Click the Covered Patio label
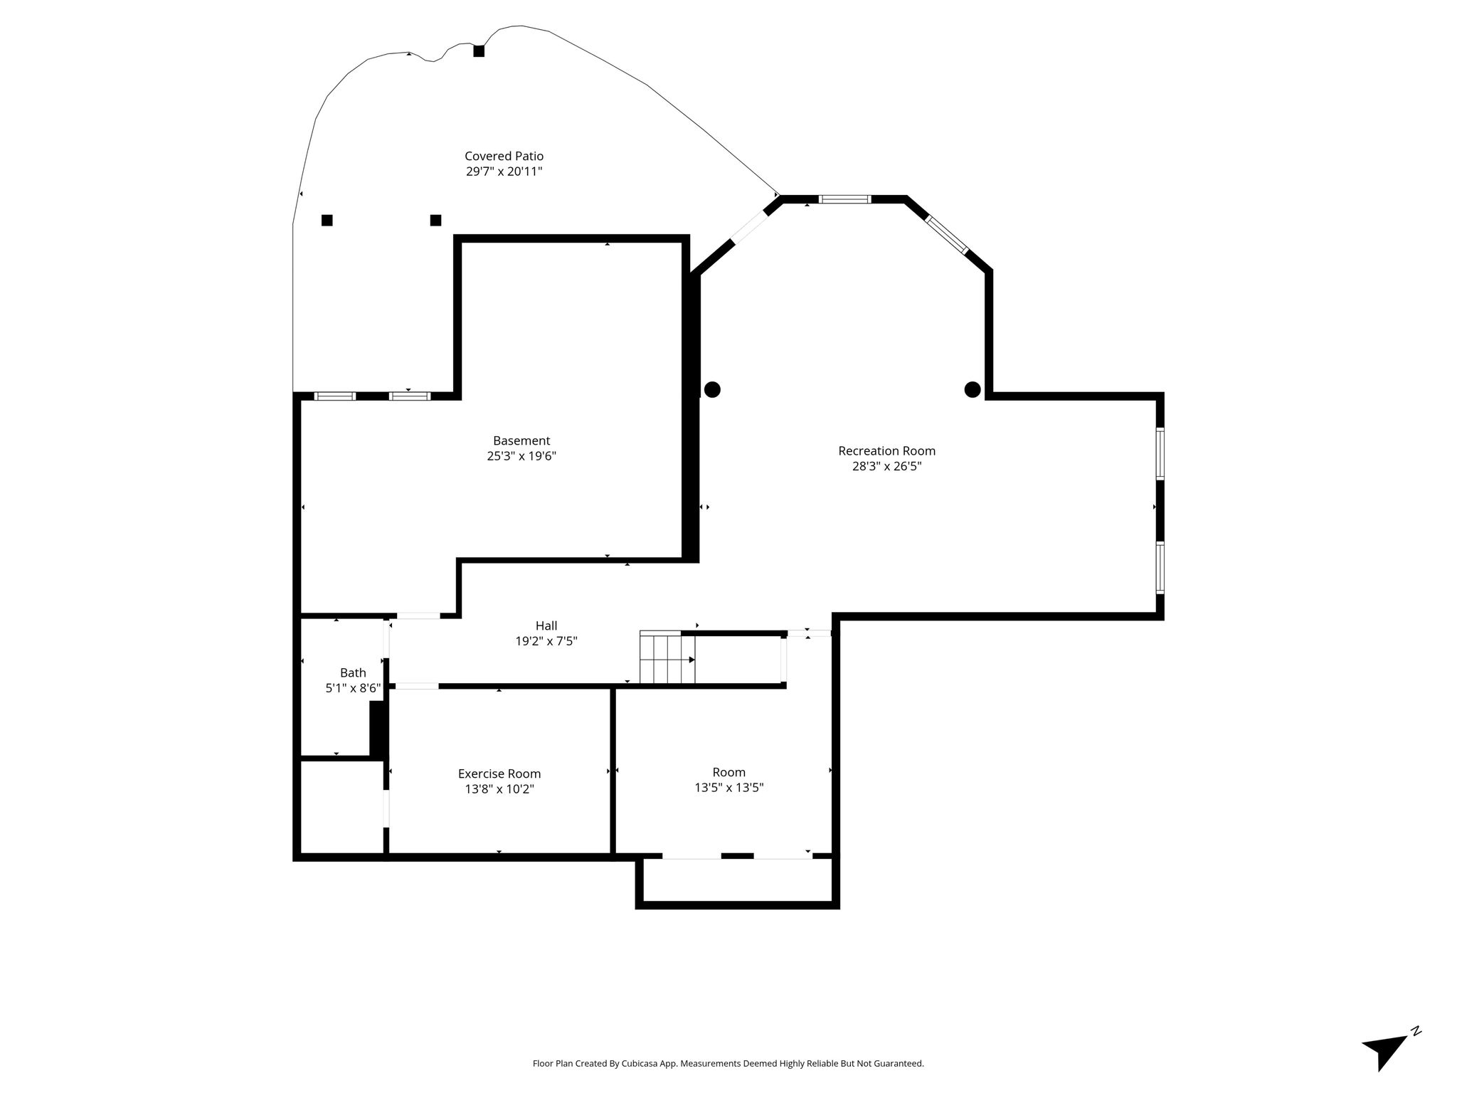[x=504, y=156]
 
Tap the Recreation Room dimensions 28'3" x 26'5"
[x=886, y=467]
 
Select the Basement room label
[x=521, y=441]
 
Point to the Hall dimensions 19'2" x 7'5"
[x=546, y=641]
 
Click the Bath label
[x=353, y=672]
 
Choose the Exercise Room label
[x=499, y=773]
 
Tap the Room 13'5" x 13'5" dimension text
[x=729, y=788]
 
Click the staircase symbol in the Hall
[x=667, y=658]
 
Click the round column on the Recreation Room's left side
[x=712, y=389]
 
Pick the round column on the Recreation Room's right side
[x=973, y=389]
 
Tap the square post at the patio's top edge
[x=479, y=51]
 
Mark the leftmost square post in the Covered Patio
[x=327, y=221]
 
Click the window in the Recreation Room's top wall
[x=845, y=199]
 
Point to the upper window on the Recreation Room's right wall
[x=1160, y=454]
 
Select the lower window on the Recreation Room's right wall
[x=1160, y=567]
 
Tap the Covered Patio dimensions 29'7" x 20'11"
[x=504, y=171]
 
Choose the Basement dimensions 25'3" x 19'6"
[x=521, y=456]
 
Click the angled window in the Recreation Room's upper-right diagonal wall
[x=947, y=234]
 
